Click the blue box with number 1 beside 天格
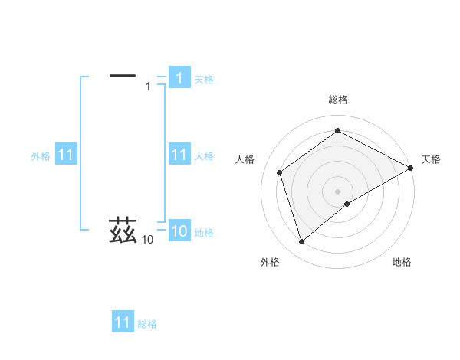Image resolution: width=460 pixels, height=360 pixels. point(179,77)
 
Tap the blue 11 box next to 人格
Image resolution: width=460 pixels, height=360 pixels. point(179,155)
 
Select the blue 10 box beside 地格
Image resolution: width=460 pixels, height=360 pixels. point(179,231)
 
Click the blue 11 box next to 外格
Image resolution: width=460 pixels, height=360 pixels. point(66,155)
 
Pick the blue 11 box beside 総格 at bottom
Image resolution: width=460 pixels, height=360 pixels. point(123,322)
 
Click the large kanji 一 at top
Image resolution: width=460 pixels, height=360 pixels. point(123,75)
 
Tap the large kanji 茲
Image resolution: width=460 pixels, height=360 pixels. point(123,230)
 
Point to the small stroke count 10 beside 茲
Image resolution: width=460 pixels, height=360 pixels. point(147,240)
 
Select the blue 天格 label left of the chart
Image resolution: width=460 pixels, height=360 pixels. point(204,79)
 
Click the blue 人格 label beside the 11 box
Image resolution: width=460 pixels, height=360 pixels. point(204,156)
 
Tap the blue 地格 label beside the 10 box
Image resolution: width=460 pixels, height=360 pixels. point(204,233)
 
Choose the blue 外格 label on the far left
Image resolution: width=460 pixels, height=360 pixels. point(41,156)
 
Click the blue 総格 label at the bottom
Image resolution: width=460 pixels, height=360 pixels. point(147,324)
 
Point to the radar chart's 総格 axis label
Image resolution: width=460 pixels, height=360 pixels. point(338,100)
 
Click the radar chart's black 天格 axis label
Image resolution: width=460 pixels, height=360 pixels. point(431,159)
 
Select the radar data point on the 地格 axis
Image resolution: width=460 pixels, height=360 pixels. point(347,204)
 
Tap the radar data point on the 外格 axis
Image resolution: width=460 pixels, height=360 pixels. point(301,242)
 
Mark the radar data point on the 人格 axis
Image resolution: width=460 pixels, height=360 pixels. point(280,172)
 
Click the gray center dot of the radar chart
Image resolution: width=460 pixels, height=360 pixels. point(338,191)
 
